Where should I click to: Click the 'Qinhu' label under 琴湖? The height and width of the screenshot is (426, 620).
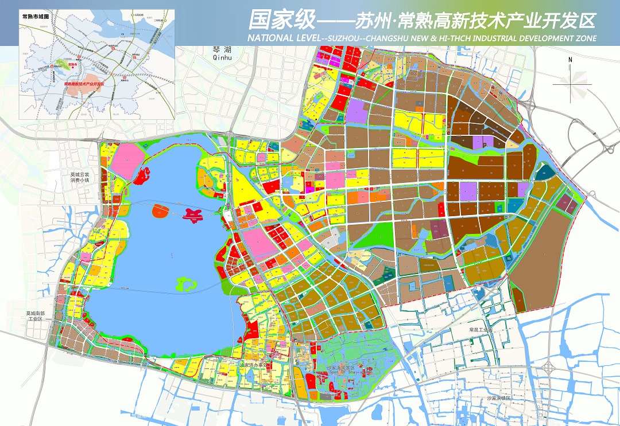(221, 57)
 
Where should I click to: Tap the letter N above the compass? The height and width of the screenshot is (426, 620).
(570, 59)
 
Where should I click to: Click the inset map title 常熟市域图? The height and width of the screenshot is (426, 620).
(36, 17)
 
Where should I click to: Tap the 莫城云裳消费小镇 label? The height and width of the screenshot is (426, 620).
(77, 176)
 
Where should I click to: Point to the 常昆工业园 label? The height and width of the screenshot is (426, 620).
(481, 331)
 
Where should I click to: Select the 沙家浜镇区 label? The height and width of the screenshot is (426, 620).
(498, 398)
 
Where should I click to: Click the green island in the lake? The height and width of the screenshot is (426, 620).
(186, 283)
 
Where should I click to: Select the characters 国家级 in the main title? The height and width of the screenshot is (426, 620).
(281, 21)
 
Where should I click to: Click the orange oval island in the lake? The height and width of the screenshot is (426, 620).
(161, 213)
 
